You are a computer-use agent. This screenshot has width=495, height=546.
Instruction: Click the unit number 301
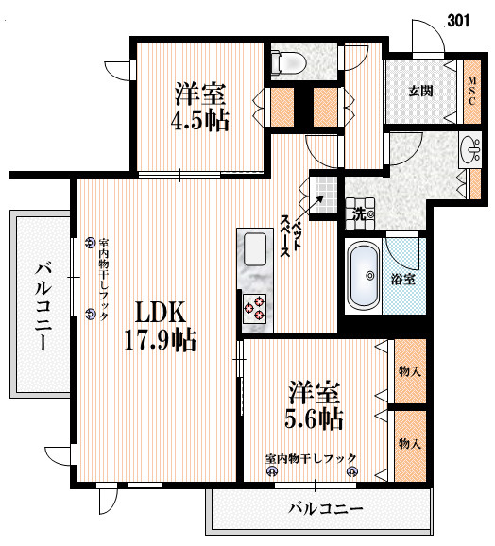point(458,21)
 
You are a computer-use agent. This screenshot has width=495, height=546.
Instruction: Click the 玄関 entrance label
point(420,92)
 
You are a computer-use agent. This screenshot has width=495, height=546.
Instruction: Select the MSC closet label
point(472,92)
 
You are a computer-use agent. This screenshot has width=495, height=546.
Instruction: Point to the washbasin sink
point(469,148)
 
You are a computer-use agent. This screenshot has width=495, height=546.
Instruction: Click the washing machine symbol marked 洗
point(360,213)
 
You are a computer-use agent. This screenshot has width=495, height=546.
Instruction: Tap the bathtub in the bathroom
point(364,276)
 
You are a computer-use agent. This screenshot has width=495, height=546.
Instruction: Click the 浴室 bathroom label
point(402,279)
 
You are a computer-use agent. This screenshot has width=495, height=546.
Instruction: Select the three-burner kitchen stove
point(254,307)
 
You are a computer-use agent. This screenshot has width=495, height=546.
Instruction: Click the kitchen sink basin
point(255,249)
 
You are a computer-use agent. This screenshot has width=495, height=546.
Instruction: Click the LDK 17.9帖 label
point(161,326)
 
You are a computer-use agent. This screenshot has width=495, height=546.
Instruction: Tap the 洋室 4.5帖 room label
point(200,107)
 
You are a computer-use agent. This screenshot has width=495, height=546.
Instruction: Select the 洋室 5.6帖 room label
point(314,405)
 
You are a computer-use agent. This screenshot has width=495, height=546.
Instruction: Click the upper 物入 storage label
point(410,371)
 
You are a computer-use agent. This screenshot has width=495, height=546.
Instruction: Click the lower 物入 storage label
point(410,444)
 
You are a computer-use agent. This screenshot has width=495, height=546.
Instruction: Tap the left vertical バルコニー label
point(43,307)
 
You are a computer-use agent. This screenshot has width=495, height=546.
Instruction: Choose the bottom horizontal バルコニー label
point(326,509)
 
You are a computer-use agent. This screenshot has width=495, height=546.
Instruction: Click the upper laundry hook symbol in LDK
point(90,243)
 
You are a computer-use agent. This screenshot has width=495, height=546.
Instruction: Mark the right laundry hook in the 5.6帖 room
point(352,471)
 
